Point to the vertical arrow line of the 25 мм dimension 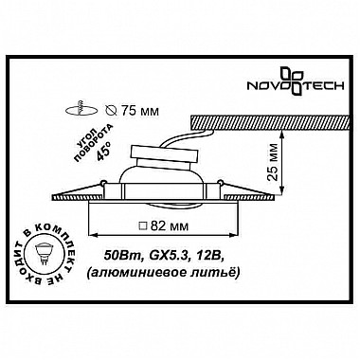(x=282, y=158)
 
